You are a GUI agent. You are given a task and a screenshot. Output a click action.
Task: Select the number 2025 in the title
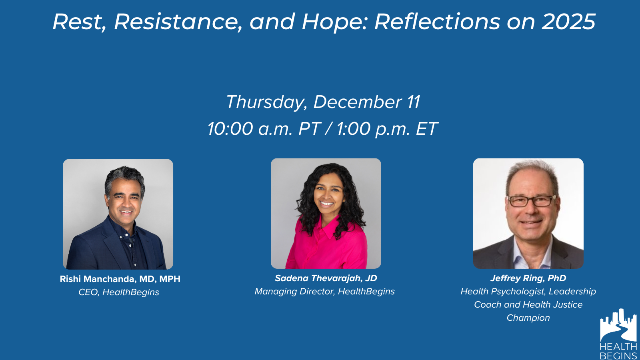point(568,22)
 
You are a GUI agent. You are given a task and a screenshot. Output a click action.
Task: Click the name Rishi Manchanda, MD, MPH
point(120,279)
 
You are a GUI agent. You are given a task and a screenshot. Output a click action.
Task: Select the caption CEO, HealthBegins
point(119,292)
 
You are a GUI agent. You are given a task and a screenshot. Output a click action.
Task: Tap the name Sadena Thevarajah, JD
point(326,278)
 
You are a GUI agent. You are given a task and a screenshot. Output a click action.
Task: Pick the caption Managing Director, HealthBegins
point(324,292)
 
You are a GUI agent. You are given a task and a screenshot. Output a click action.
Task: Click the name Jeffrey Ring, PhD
point(528,278)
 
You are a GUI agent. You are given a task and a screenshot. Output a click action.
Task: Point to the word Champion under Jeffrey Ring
point(528,318)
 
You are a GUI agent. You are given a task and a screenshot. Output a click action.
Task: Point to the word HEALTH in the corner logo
point(618,346)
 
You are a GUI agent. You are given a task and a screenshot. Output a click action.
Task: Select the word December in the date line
point(358,102)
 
